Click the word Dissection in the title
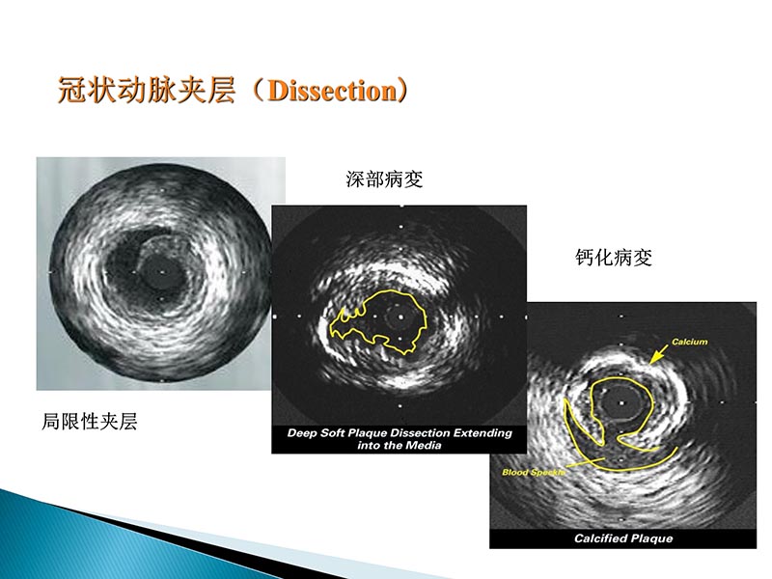point(332,92)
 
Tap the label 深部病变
point(384,179)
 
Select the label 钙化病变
point(614,259)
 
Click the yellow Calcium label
point(691,342)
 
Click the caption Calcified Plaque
point(622,538)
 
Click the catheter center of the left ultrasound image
point(161,273)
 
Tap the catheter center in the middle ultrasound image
point(400,316)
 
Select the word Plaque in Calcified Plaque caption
point(650,538)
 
